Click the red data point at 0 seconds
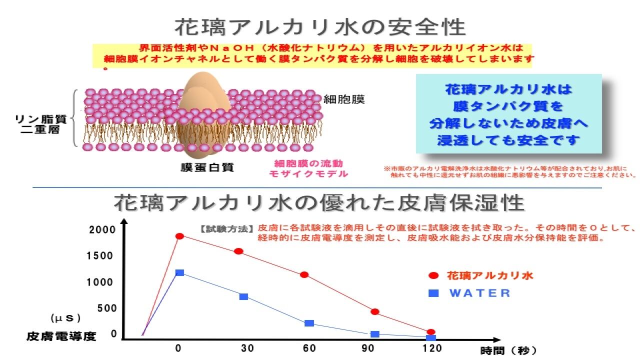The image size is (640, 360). [x=179, y=236]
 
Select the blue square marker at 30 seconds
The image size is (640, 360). [x=243, y=296]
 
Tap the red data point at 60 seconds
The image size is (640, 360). [x=304, y=274]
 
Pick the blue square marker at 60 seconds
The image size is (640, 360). [x=309, y=323]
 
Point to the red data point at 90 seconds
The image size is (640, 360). [x=375, y=312]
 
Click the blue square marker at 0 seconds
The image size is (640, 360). [x=179, y=272]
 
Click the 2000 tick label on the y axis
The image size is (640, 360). [x=102, y=230]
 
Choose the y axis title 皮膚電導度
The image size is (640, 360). [x=61, y=336]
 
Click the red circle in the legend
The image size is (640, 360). [x=433, y=275]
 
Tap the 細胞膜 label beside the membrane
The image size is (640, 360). [x=344, y=99]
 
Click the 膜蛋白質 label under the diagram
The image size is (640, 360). [x=207, y=167]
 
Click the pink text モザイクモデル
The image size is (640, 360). [x=308, y=174]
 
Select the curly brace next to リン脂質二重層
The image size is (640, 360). [x=76, y=118]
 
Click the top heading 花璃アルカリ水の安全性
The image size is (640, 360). [x=320, y=26]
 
